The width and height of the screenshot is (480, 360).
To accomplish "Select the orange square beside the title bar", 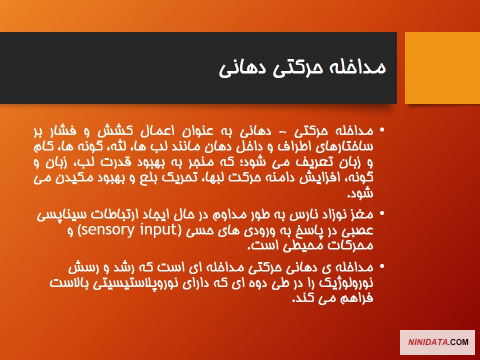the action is (442, 68).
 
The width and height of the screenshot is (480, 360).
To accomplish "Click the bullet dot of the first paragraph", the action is (381, 130).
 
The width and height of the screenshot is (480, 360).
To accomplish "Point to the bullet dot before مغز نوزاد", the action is (381, 213).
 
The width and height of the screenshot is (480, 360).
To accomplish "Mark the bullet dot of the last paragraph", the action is (381, 266).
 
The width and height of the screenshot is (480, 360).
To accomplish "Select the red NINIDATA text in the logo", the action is (428, 342).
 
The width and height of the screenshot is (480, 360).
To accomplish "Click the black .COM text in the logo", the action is (458, 342).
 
